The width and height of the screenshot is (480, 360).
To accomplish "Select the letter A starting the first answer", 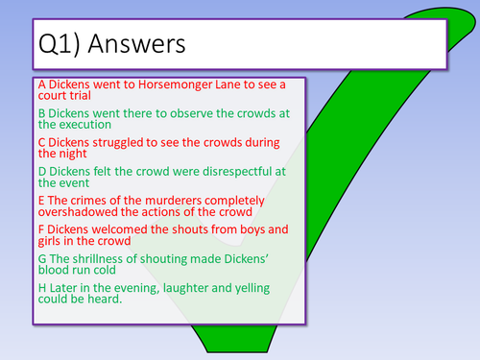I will (x=42, y=84).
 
